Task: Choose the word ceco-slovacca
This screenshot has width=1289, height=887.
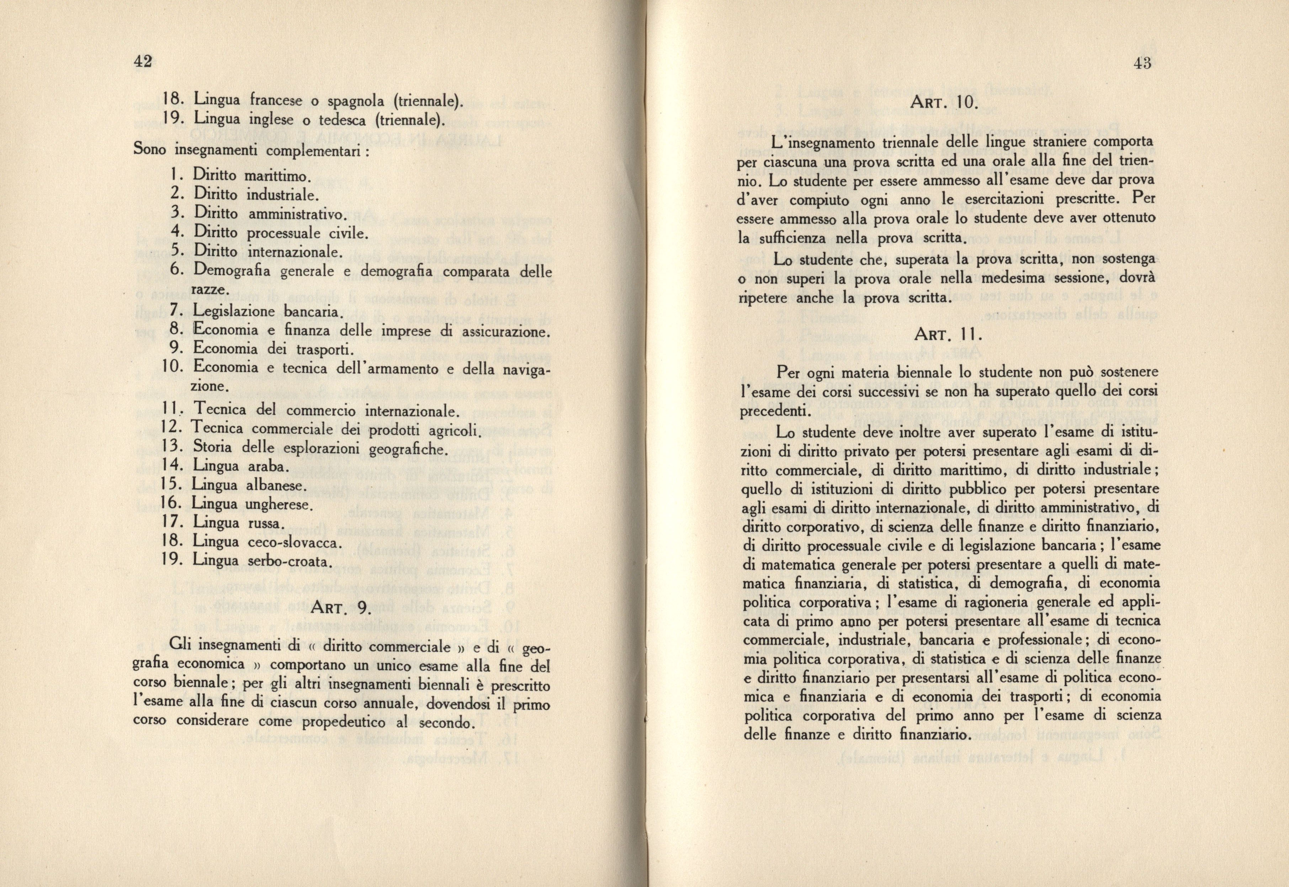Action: (289, 543)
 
